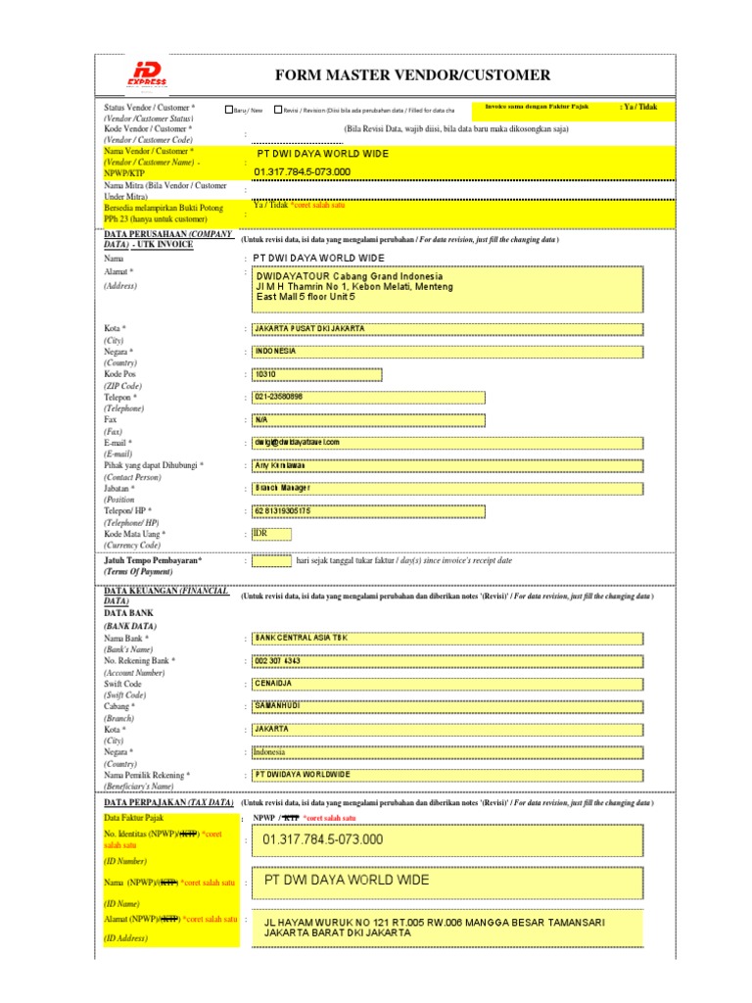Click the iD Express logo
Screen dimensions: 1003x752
tap(148, 76)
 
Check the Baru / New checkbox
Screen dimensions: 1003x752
tap(229, 111)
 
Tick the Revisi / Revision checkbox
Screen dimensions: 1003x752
tap(278, 111)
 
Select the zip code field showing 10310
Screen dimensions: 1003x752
tap(316, 374)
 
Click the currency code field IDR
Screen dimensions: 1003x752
tap(271, 534)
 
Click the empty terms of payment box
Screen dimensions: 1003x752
tap(271, 561)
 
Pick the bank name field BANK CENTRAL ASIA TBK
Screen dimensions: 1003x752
tap(446, 638)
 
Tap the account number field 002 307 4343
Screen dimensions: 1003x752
tap(446, 661)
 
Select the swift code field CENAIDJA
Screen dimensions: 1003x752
tap(446, 684)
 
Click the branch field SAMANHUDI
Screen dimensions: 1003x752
tap(446, 706)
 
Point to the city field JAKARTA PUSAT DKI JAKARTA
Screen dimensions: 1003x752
tap(446, 329)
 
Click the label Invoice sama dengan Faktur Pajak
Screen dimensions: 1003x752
tap(537, 106)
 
